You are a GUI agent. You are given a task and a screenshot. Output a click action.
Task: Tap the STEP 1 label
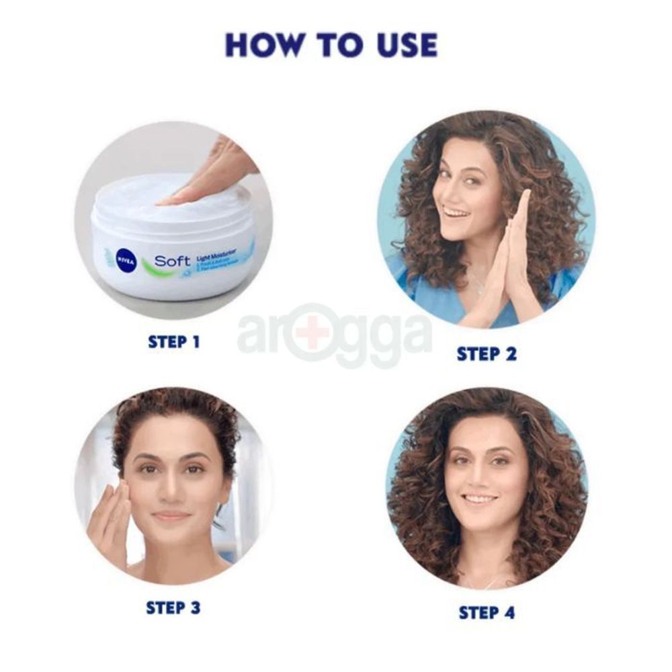click(x=174, y=341)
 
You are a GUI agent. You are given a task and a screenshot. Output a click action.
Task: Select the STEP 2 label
click(x=487, y=353)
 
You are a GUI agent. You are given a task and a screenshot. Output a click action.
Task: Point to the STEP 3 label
click(x=173, y=607)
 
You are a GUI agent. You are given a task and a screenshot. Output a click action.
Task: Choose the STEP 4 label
click(x=487, y=612)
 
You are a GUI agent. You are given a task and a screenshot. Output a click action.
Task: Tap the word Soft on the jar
click(x=172, y=261)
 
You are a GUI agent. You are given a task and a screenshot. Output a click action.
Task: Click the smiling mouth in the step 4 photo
click(x=480, y=499)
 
